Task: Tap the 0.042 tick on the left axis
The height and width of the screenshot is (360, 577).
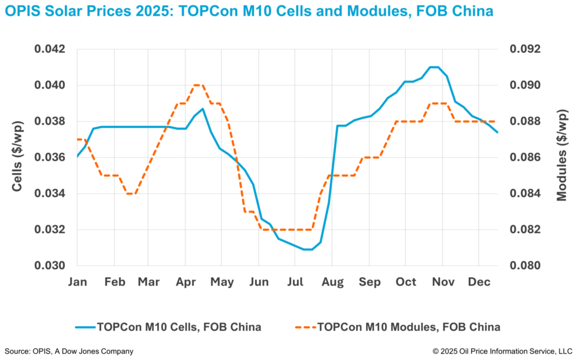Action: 51,49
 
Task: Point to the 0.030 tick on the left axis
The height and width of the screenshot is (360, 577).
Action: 51,266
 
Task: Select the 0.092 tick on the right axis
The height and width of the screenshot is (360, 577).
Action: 525,49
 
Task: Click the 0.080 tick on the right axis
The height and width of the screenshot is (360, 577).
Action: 525,266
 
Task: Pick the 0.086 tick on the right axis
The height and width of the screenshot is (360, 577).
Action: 525,158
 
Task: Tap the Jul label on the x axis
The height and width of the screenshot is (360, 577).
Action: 295,282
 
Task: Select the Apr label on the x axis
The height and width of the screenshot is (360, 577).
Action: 186,282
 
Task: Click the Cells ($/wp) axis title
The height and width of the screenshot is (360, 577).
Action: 17,155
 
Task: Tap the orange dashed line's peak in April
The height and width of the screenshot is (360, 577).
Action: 198,85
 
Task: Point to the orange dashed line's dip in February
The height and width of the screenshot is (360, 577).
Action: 130,193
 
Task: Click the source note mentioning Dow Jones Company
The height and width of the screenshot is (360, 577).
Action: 69,352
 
